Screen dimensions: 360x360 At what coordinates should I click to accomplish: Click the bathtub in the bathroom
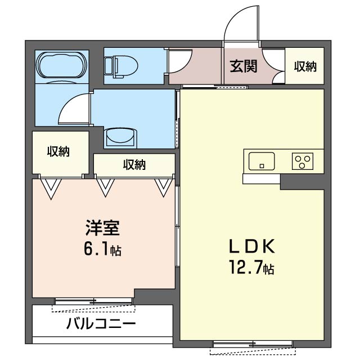(62, 66)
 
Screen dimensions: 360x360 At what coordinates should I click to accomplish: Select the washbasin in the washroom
(120, 137)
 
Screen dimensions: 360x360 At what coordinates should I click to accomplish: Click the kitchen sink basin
(262, 161)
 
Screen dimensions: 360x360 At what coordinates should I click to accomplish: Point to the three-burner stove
(303, 161)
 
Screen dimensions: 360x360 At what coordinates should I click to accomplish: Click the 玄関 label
(244, 66)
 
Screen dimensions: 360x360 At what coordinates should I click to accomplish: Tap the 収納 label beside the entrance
(305, 66)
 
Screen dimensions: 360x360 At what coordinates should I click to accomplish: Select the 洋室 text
(102, 228)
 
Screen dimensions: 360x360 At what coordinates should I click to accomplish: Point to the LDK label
(252, 246)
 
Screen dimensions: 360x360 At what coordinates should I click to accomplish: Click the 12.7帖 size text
(251, 267)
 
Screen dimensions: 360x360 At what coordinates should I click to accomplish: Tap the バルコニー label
(101, 324)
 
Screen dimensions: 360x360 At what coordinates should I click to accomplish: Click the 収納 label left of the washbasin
(58, 151)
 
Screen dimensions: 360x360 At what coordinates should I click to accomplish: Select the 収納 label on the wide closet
(134, 165)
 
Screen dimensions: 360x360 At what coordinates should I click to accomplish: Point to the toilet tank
(108, 66)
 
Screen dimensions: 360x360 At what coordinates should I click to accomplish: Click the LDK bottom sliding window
(253, 344)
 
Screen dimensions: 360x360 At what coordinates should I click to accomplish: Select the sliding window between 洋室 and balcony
(94, 301)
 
